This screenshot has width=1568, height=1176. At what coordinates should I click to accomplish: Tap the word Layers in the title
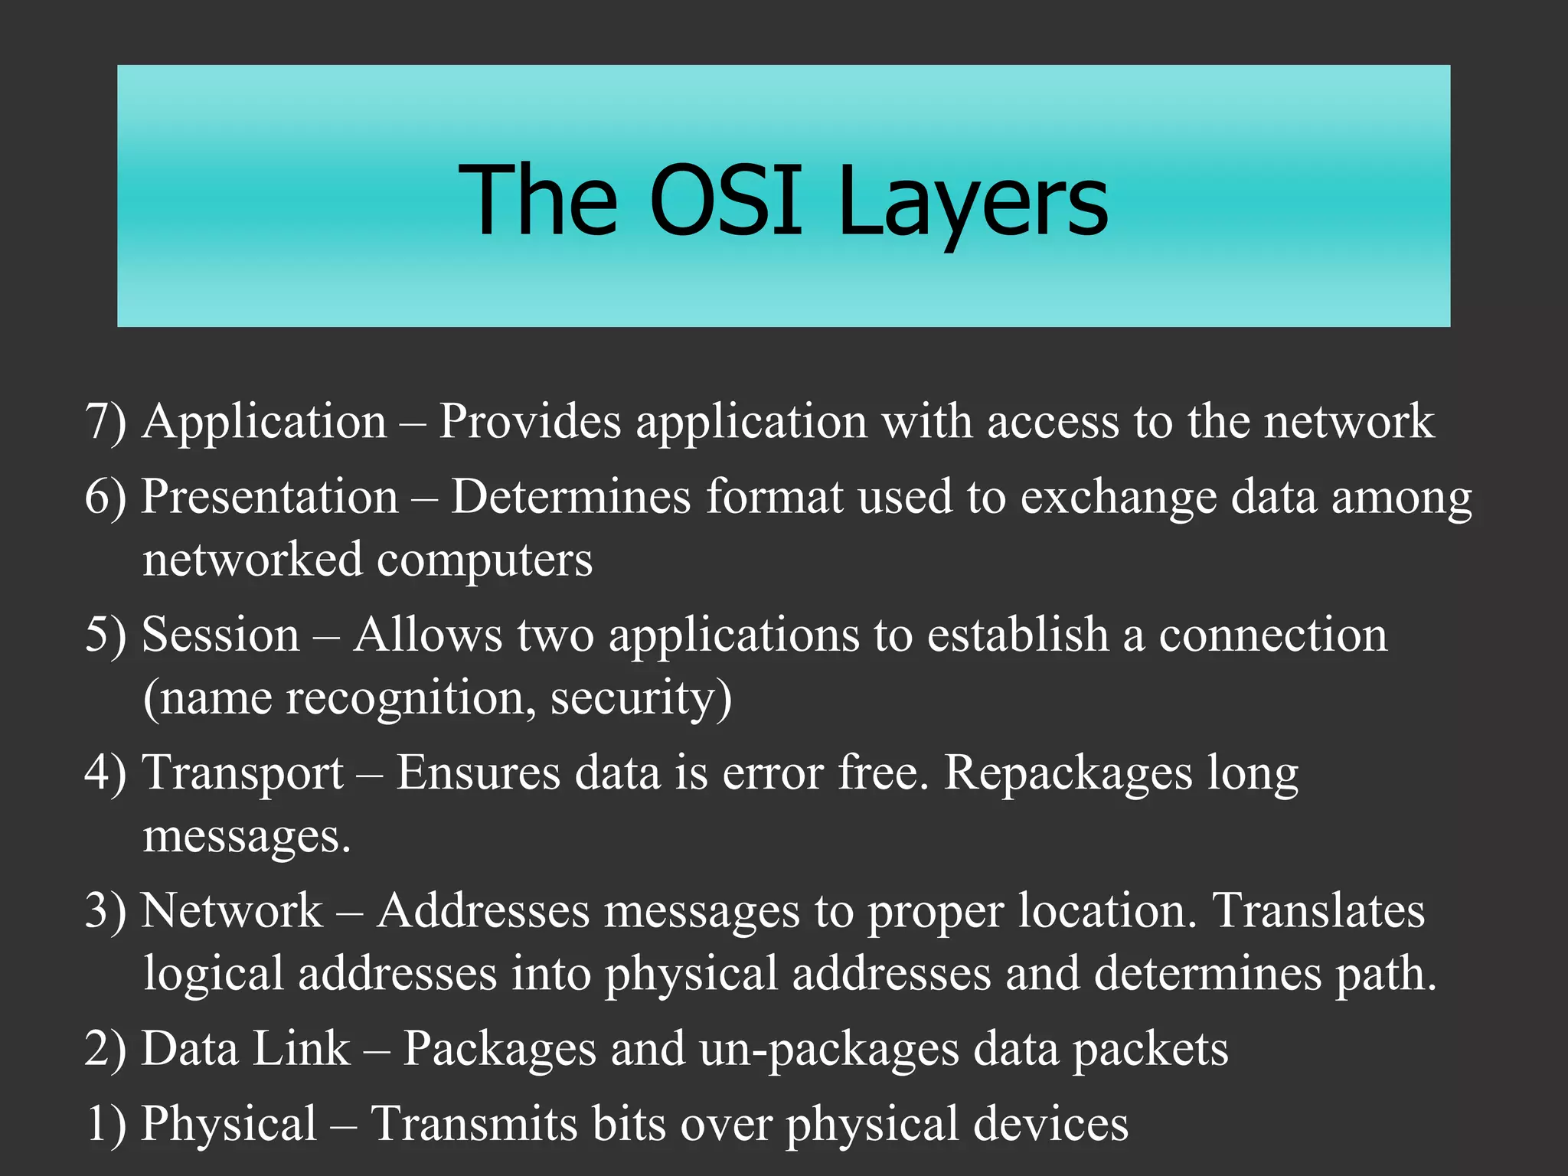pyautogui.click(x=972, y=201)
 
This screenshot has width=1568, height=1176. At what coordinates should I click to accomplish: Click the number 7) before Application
pyautogui.click(x=106, y=421)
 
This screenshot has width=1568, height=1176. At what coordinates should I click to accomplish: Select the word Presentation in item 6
pyautogui.click(x=270, y=496)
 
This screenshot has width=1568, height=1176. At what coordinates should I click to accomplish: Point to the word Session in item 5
pyautogui.click(x=221, y=635)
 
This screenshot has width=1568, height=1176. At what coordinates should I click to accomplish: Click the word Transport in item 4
pyautogui.click(x=243, y=772)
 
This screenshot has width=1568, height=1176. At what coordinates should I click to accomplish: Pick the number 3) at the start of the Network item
pyautogui.click(x=106, y=910)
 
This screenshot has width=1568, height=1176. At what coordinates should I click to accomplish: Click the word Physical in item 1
pyautogui.click(x=229, y=1124)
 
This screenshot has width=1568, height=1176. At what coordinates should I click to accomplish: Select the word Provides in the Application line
pyautogui.click(x=529, y=421)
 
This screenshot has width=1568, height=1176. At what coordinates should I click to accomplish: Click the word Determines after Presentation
pyautogui.click(x=570, y=496)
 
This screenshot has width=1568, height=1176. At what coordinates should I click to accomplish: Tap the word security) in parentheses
pyautogui.click(x=641, y=698)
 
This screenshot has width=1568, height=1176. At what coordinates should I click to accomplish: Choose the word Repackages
pyautogui.click(x=1068, y=773)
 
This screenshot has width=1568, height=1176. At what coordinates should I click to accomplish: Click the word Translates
pyautogui.click(x=1318, y=910)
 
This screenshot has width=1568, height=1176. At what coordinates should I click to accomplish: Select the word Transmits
pyautogui.click(x=474, y=1124)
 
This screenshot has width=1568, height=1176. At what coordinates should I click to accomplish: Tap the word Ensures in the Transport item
pyautogui.click(x=479, y=772)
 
